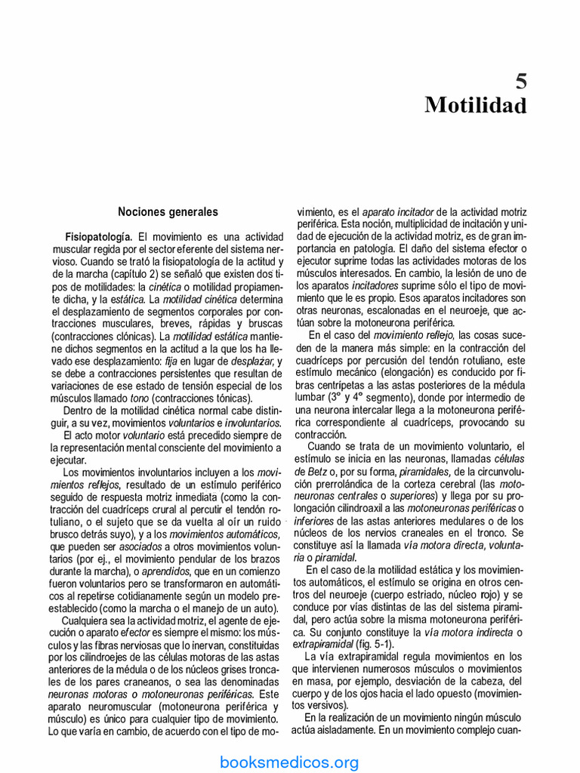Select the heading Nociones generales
tap(168, 212)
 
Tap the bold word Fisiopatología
tap(100, 236)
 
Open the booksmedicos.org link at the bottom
tap(290, 762)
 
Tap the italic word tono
tap(139, 398)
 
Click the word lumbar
tap(310, 396)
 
